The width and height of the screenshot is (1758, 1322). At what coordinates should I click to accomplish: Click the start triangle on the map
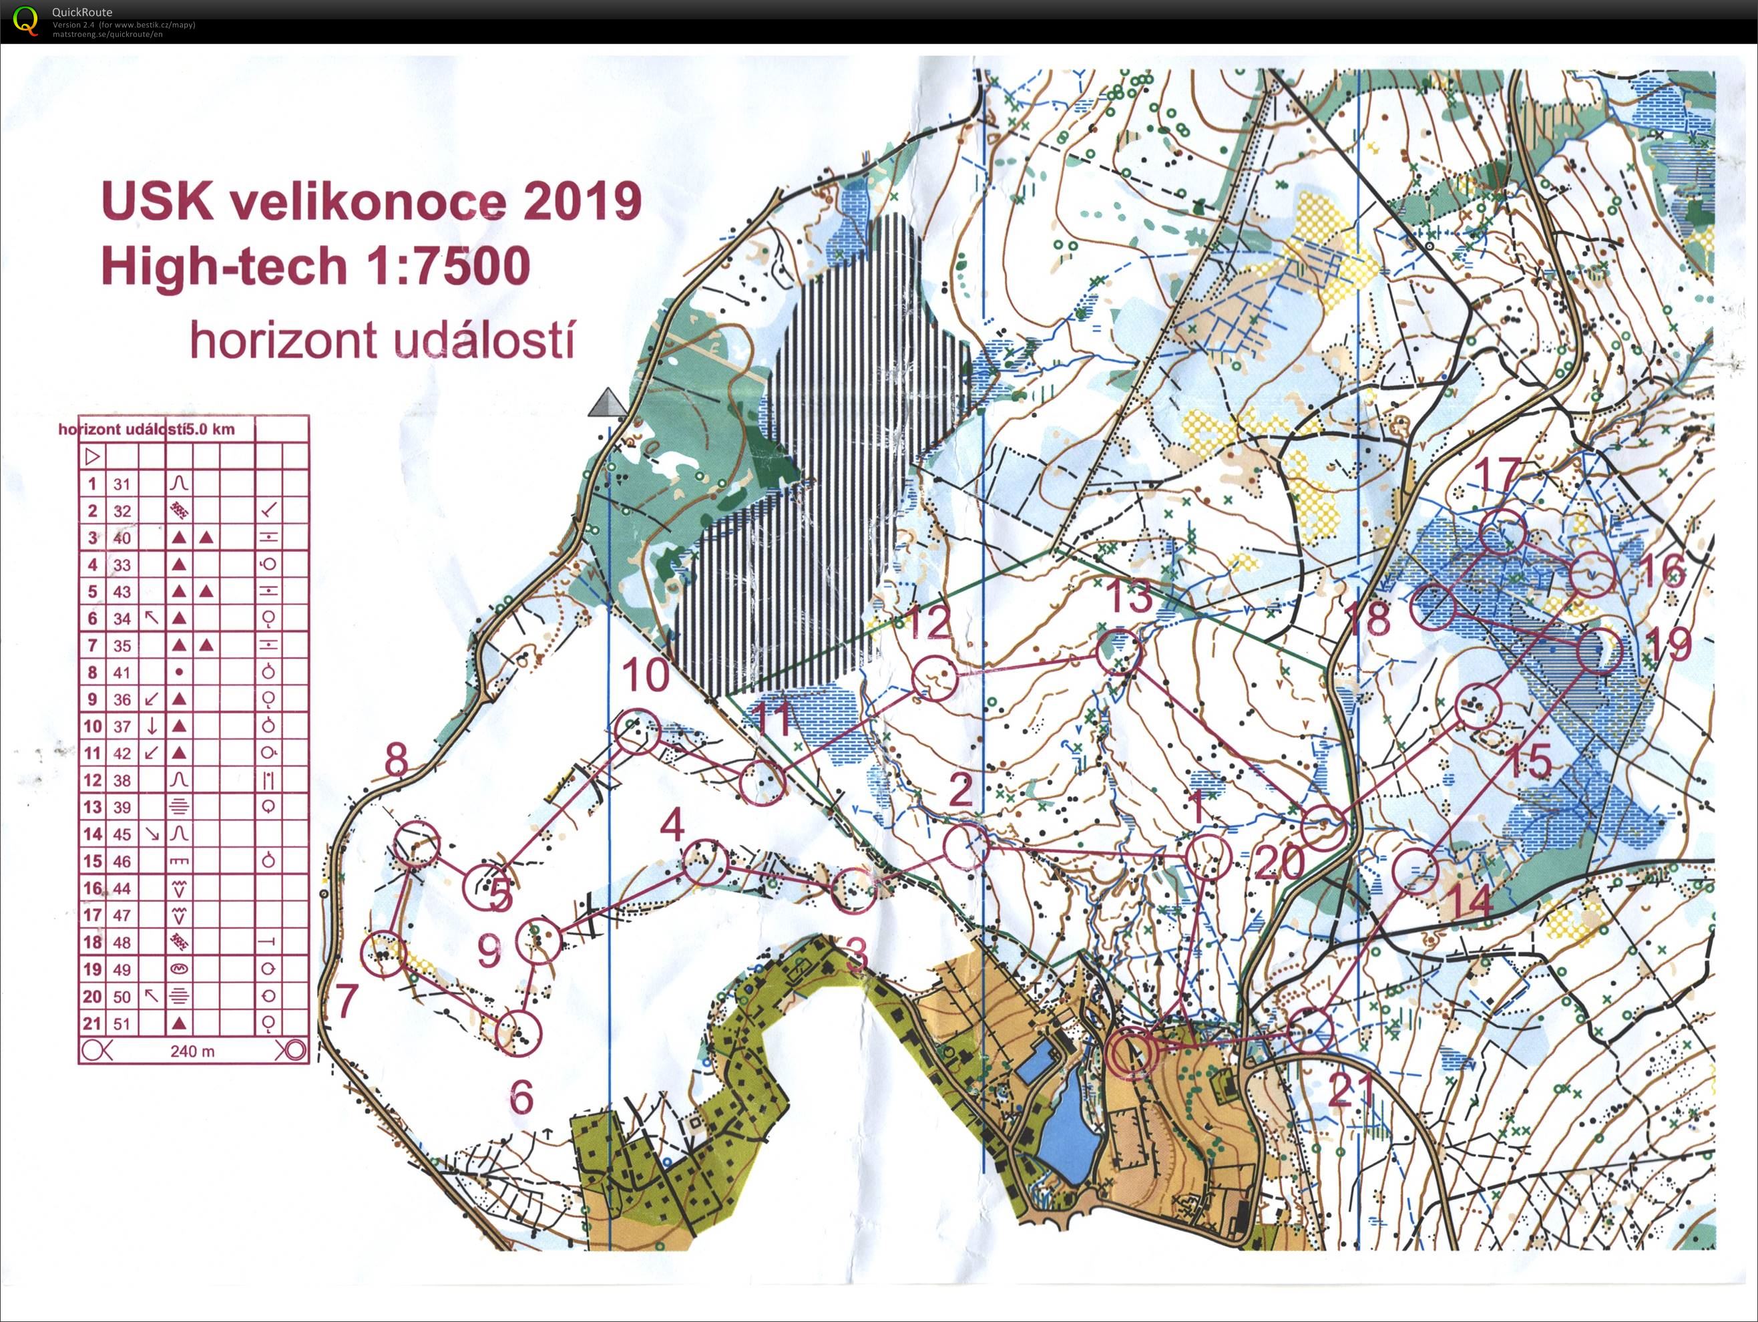click(x=608, y=404)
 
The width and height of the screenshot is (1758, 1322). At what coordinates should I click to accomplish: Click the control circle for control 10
click(x=638, y=731)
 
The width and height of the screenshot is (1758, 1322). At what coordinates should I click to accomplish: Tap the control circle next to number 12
click(x=935, y=678)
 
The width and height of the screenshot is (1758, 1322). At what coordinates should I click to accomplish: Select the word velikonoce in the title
click(x=367, y=202)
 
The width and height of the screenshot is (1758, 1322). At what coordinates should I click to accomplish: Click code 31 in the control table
click(x=121, y=484)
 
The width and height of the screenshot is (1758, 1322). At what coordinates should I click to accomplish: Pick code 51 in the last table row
click(x=121, y=1023)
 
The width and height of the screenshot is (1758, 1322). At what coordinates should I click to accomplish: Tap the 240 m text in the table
click(x=192, y=1051)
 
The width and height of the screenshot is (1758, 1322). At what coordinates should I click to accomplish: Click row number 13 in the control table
click(x=93, y=807)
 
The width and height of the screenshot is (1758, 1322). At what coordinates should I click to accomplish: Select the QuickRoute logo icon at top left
click(x=25, y=20)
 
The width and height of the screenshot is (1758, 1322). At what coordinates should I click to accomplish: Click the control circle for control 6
click(x=518, y=1033)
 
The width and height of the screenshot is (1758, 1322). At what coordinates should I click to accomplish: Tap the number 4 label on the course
click(x=672, y=825)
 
